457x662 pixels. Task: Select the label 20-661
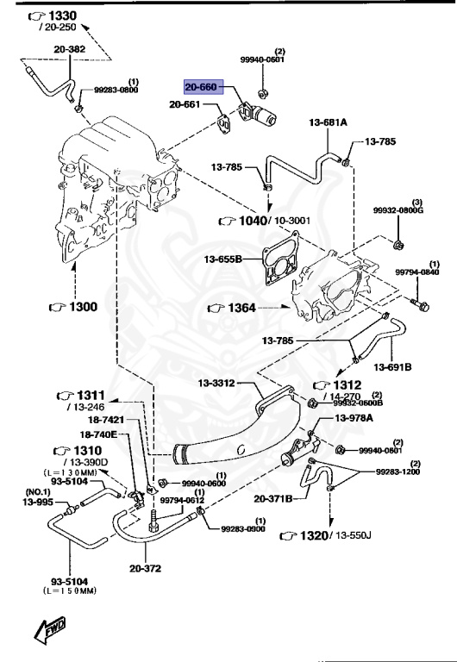pyautogui.click(x=185, y=105)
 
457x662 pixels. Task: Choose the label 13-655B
pyautogui.click(x=223, y=258)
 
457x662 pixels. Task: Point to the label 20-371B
pyautogui.click(x=275, y=498)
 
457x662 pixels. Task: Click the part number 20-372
pyautogui.click(x=146, y=568)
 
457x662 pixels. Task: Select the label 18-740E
pyautogui.click(x=98, y=434)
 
